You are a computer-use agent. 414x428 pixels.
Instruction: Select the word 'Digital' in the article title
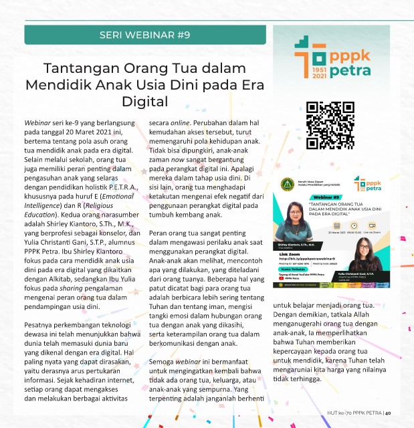144,101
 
